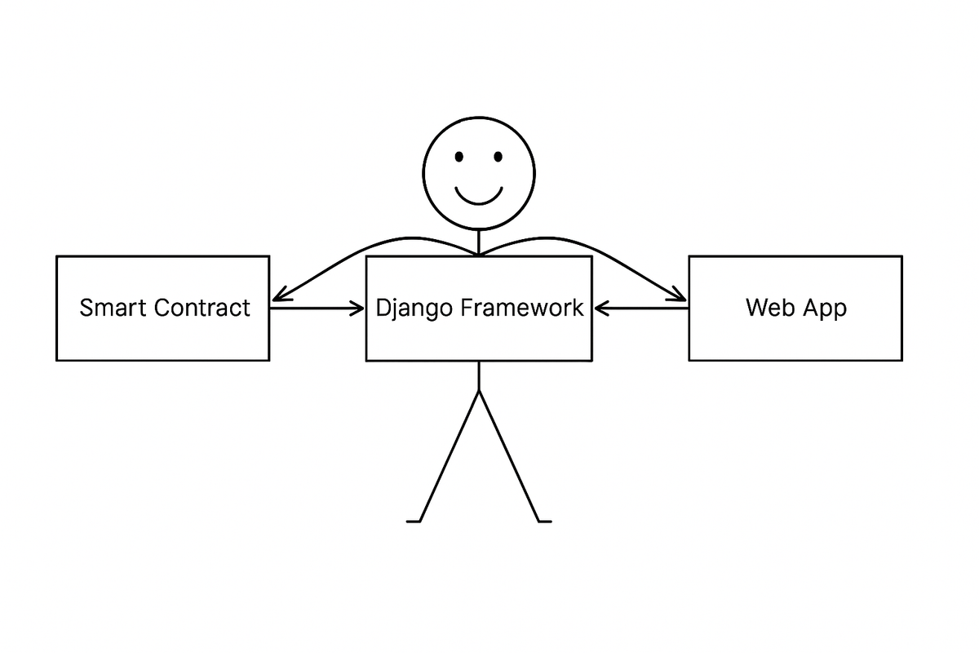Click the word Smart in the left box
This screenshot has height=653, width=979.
(114, 309)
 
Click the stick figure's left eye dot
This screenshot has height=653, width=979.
(459, 156)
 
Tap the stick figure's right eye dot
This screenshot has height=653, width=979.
(498, 156)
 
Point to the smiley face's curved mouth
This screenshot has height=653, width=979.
(479, 196)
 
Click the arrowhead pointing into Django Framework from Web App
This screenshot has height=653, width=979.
(601, 309)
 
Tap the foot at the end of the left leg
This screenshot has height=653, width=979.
(413, 520)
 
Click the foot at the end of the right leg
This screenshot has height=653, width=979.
(545, 520)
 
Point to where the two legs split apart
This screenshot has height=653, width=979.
(479, 391)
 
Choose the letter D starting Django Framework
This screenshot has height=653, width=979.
(383, 309)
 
